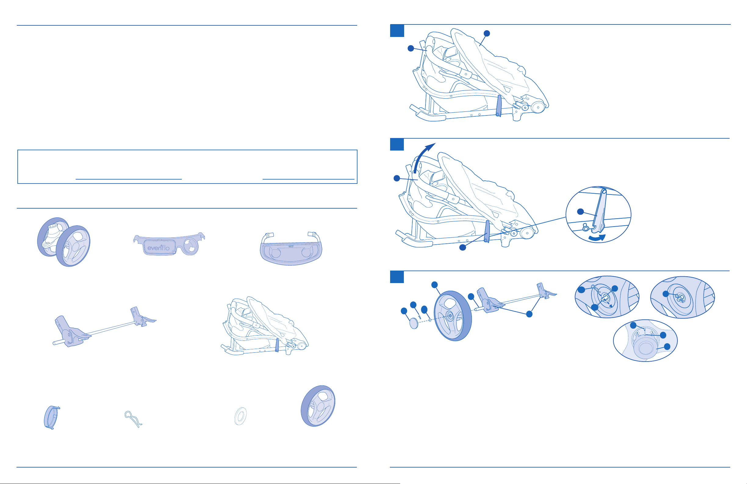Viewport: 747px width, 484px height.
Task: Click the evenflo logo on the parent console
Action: [159, 248]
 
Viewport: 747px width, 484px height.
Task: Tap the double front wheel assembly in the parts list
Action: [64, 242]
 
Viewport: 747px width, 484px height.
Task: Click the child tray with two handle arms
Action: [291, 249]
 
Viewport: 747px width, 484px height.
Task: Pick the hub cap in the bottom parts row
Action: [51, 418]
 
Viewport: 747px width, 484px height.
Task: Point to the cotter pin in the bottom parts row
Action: [133, 419]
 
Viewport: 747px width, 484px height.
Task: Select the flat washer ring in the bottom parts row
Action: [240, 416]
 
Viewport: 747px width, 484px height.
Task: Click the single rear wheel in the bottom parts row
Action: [318, 406]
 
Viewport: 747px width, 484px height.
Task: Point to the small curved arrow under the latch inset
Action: [596, 238]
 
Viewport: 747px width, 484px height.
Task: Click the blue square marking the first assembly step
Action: [397, 31]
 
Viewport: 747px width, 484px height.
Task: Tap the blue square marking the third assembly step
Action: [397, 277]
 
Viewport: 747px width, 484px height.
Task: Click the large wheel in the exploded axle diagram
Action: [453, 316]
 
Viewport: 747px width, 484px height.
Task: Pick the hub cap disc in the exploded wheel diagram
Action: [414, 323]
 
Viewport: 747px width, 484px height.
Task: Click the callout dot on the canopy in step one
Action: [487, 33]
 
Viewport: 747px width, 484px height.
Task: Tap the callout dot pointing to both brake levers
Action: [529, 314]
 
